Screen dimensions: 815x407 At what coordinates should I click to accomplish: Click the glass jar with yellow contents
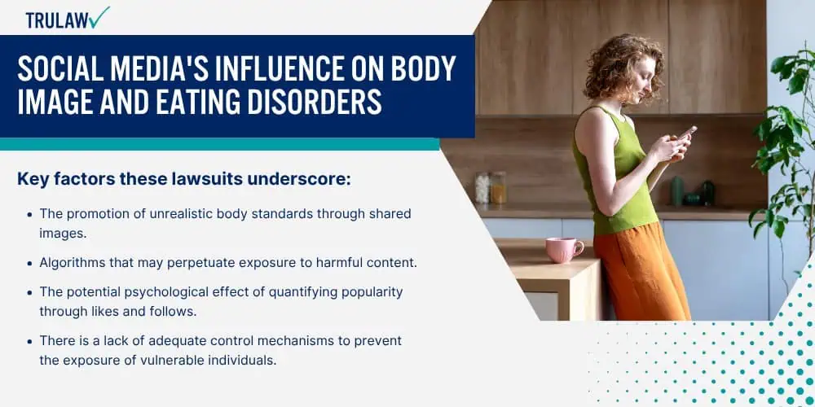pos(497,187)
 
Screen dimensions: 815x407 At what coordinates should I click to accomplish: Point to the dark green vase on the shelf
pos(676,190)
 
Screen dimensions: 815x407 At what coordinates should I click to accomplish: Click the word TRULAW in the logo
pos(57,20)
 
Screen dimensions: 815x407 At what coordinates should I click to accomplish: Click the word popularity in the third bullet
pos(372,292)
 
